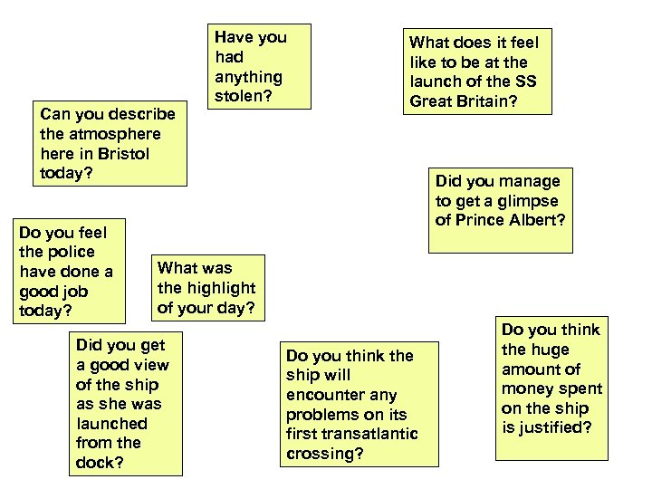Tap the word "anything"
point(248,77)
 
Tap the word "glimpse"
point(528,201)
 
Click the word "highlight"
point(222,288)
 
